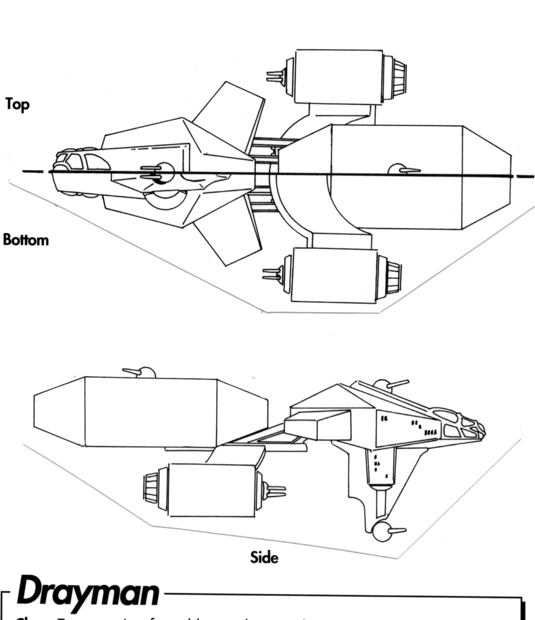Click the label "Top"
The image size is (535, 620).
point(17,104)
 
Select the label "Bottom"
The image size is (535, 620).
point(26,240)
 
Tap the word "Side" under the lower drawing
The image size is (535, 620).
point(264,557)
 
